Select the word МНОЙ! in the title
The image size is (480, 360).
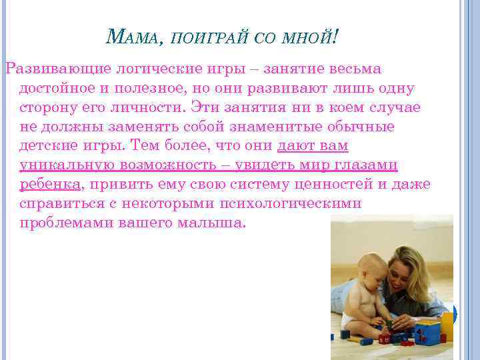(311, 39)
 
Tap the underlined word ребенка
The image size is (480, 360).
(50, 184)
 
